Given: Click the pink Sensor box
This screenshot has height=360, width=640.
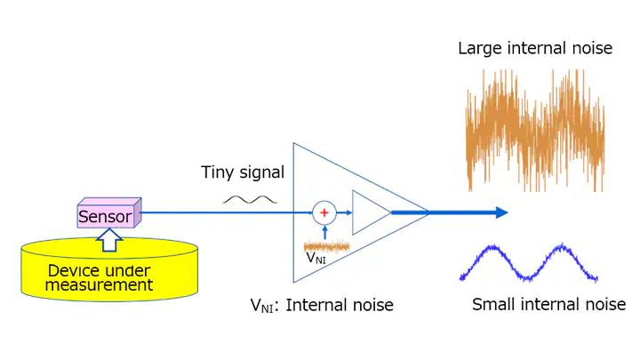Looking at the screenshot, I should (x=105, y=215).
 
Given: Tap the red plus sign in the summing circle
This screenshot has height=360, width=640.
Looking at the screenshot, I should (x=324, y=212).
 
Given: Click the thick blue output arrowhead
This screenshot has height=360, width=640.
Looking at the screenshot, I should (x=500, y=212).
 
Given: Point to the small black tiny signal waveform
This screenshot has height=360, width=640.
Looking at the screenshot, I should (x=244, y=200).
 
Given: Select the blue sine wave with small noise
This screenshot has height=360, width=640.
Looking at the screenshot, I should (x=528, y=262).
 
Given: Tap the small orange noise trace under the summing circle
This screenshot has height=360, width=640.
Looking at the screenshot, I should (x=326, y=244).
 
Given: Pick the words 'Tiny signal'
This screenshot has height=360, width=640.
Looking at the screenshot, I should (x=243, y=172).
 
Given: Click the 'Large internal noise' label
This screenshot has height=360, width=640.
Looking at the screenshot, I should (x=534, y=48).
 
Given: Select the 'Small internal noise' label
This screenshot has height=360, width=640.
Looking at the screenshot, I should (x=548, y=305).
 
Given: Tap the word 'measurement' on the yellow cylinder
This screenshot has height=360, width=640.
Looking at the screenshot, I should (x=112, y=285).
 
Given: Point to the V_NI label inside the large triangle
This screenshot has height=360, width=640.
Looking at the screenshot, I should (x=315, y=259).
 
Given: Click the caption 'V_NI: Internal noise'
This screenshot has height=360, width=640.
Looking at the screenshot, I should (x=321, y=306).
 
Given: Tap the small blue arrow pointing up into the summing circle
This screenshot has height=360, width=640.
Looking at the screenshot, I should (x=324, y=230).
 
